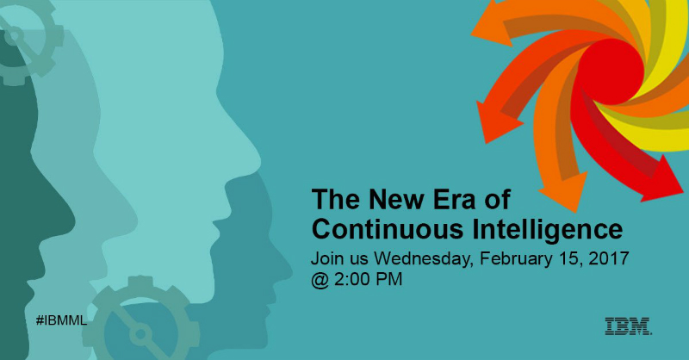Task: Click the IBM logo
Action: pyautogui.click(x=629, y=326)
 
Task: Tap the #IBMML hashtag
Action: pyautogui.click(x=61, y=320)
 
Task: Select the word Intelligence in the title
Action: pyautogui.click(x=548, y=230)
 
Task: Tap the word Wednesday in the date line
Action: pyautogui.click(x=423, y=258)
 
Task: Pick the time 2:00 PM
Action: pyautogui.click(x=369, y=280)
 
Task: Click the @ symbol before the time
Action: pyautogui.click(x=320, y=281)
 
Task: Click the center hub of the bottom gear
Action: pyautogui.click(x=140, y=334)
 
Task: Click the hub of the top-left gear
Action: pyautogui.click(x=14, y=35)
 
